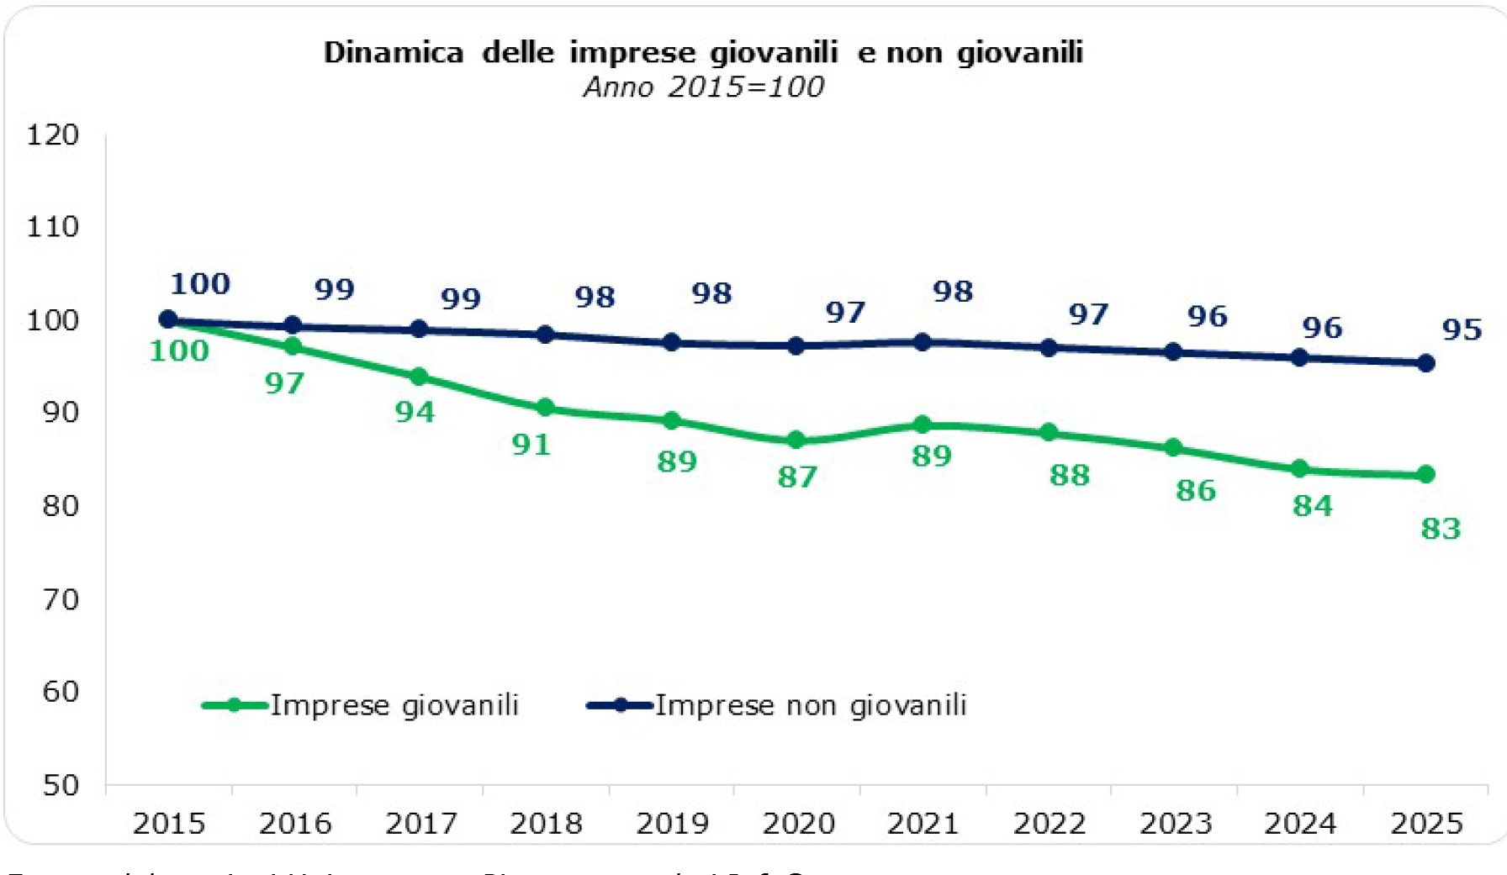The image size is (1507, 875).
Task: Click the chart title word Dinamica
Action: (x=394, y=53)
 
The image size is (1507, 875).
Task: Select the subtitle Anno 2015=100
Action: (x=704, y=87)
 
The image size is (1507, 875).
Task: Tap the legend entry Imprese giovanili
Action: (x=394, y=704)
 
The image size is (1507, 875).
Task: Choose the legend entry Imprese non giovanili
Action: (x=811, y=704)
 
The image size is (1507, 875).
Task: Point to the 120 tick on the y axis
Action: (x=53, y=134)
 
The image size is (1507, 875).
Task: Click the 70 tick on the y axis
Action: (x=61, y=599)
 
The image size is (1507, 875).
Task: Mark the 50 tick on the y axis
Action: (x=61, y=785)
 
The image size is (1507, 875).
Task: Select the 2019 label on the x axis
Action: (x=672, y=823)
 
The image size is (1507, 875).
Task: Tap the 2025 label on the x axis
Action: (x=1426, y=823)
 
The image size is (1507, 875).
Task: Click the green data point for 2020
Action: (x=796, y=440)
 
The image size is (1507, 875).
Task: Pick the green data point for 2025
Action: (x=1425, y=475)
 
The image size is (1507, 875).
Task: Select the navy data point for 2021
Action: (x=923, y=342)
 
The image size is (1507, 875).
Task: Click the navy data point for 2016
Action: (x=293, y=325)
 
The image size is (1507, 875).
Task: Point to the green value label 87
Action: (x=797, y=477)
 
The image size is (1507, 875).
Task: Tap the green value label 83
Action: (x=1441, y=529)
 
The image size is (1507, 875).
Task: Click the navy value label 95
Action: (x=1462, y=329)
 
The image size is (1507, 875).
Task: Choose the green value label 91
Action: (x=531, y=445)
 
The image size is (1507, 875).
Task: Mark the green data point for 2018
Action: (x=545, y=408)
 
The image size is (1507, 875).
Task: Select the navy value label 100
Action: (x=200, y=284)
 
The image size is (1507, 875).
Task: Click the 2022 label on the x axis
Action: (x=1049, y=823)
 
